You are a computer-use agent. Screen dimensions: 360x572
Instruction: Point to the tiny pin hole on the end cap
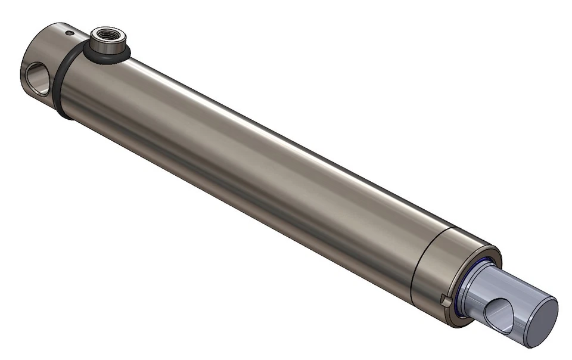tap(70, 33)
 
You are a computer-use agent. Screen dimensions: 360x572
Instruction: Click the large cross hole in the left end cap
tap(36, 78)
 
